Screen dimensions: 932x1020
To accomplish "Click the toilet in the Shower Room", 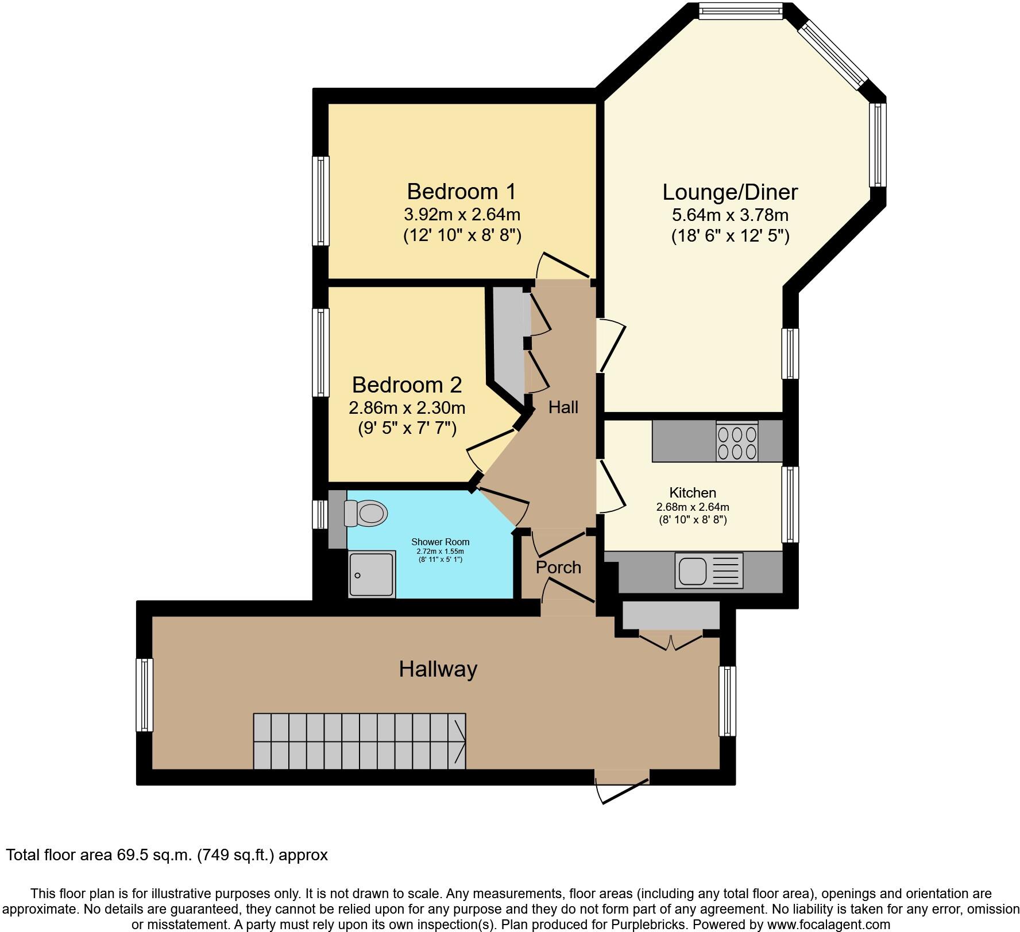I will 366,512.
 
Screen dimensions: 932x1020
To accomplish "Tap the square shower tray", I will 372,574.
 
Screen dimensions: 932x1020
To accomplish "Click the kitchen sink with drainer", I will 709,570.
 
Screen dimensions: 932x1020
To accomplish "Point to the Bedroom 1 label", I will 461,191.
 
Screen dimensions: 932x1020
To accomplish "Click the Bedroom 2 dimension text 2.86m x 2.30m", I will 407,408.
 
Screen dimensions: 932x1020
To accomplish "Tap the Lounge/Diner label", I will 730,192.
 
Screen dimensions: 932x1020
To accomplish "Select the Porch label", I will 558,568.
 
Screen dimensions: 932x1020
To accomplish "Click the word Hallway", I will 438,669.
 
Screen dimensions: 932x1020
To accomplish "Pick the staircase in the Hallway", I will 360,741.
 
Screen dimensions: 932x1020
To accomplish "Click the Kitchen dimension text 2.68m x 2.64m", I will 693,507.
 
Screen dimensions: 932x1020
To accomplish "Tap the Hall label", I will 563,407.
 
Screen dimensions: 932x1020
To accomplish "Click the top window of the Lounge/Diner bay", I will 741,11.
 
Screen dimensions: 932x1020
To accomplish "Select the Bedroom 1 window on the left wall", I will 320,201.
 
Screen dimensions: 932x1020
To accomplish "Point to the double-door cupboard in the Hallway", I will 670,618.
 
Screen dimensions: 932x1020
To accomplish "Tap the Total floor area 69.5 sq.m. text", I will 167,855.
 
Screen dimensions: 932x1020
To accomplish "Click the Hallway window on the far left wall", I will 144,695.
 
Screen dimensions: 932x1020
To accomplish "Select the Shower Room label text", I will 440,542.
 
